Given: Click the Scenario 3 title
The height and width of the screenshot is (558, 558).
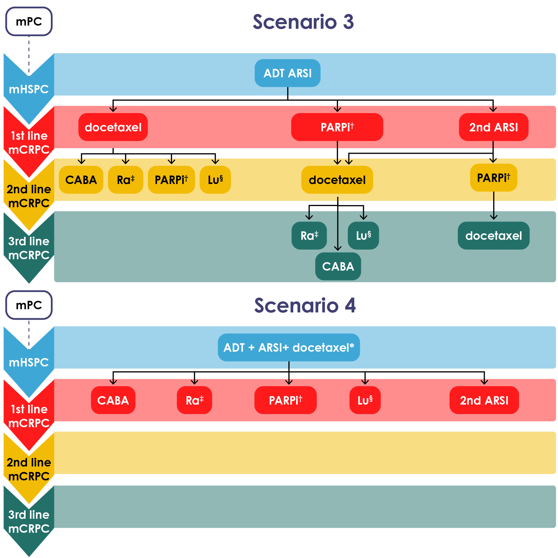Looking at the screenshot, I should click(303, 22).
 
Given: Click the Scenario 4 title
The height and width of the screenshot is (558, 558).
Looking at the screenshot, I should click(305, 305).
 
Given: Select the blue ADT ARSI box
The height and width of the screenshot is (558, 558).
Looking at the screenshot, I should click(287, 73).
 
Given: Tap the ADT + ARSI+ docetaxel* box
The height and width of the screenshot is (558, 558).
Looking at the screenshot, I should click(289, 348).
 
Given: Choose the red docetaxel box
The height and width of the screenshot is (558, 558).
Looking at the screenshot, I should click(113, 127).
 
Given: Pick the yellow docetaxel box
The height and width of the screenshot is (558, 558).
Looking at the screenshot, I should click(337, 180).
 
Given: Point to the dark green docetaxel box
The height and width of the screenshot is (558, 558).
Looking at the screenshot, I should click(493, 236).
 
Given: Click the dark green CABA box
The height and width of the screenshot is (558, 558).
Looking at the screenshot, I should click(338, 267).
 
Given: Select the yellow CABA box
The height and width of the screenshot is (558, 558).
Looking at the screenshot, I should click(81, 180).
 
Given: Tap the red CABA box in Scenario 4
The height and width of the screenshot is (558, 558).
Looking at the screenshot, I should click(113, 400).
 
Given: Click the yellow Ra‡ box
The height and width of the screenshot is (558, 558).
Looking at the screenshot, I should click(126, 180).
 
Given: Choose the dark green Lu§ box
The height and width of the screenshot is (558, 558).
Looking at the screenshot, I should click(363, 236).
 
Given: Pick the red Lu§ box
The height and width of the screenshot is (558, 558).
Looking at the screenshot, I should click(365, 400).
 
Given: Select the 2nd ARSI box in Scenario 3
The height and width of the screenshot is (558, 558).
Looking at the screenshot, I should click(493, 127).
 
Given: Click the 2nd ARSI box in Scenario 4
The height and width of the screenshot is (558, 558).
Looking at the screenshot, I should click(484, 400).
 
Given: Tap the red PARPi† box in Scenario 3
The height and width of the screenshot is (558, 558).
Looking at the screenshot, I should click(337, 127).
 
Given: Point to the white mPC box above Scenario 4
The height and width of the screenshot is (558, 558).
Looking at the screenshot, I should click(29, 305).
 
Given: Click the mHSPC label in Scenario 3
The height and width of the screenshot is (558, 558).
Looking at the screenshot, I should click(29, 89).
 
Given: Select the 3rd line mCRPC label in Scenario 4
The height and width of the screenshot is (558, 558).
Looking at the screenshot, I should click(29, 522).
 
